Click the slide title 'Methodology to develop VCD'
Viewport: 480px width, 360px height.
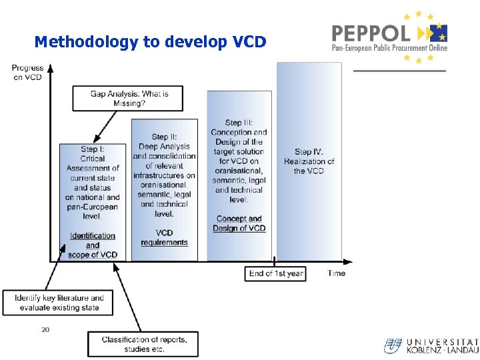point(150,42)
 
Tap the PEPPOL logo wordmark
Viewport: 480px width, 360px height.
point(371,33)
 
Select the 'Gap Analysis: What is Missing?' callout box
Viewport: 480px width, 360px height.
point(129,99)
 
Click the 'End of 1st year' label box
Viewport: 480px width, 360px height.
point(276,273)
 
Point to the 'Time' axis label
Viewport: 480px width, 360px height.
point(337,273)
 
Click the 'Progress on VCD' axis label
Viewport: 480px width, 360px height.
point(27,72)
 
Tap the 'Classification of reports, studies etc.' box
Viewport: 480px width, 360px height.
point(144,344)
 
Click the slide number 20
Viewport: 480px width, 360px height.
point(45,329)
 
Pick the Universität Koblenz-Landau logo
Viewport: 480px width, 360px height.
point(431,345)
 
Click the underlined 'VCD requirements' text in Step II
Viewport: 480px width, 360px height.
point(164,237)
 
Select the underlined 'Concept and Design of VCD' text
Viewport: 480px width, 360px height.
point(239,223)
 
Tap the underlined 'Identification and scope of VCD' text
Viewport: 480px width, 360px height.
point(93,245)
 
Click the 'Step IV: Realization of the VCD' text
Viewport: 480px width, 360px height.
point(309,161)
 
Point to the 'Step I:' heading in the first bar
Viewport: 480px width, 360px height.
point(93,149)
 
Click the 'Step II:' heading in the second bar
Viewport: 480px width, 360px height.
point(164,137)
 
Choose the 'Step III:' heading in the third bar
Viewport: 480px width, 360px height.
point(239,123)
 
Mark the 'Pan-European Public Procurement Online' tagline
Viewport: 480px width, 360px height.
point(390,48)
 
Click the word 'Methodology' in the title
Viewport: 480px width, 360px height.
point(87,42)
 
